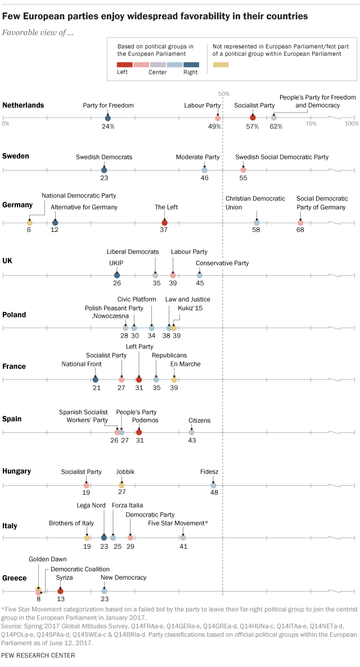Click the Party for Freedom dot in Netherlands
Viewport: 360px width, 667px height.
(107, 118)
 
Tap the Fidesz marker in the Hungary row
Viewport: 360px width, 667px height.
(213, 485)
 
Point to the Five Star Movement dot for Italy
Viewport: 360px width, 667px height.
(183, 538)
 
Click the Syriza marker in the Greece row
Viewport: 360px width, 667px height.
(60, 591)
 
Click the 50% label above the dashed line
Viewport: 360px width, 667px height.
(223, 93)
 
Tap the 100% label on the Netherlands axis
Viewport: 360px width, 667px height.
(352, 123)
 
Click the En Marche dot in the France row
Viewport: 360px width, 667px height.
(174, 379)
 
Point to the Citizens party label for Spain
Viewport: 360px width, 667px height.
(200, 420)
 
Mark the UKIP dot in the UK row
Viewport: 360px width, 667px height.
(116, 275)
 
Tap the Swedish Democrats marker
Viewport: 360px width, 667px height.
(104, 169)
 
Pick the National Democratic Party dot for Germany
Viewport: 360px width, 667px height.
(30, 223)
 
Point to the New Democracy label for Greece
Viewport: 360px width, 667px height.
(123, 578)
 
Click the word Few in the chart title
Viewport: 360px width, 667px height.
(12, 16)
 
